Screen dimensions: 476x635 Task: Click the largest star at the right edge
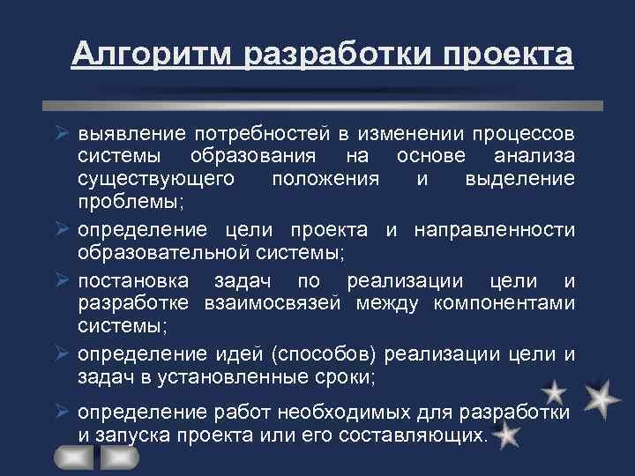click(601, 399)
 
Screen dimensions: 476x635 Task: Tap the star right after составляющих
click(507, 435)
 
